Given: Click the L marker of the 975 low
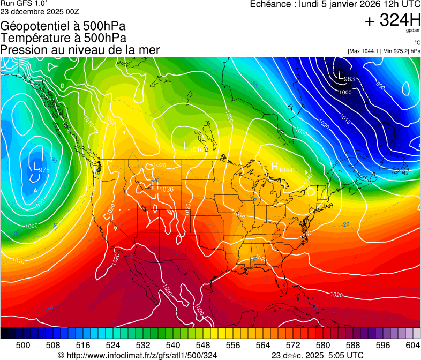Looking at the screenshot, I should (x=35, y=167).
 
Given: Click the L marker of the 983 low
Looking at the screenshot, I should (x=341, y=76).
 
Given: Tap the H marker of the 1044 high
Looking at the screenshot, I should (x=274, y=167).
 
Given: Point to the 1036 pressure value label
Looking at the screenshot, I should (x=167, y=189).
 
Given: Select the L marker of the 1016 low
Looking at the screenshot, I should (x=186, y=146).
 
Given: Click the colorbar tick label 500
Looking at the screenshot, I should (x=23, y=345).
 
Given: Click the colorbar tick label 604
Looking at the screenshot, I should (x=412, y=345).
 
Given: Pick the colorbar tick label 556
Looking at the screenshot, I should (x=218, y=345).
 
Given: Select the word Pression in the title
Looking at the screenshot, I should (x=22, y=50).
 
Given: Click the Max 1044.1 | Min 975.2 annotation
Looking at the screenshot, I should (x=384, y=51).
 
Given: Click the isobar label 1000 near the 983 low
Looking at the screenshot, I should (x=345, y=92).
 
